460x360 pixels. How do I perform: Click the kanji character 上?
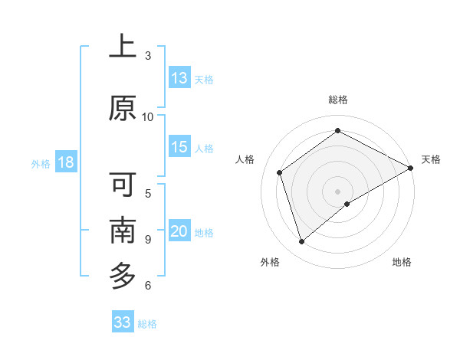click(x=123, y=47)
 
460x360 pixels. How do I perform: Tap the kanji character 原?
click(x=123, y=108)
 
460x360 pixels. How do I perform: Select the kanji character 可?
click(x=123, y=185)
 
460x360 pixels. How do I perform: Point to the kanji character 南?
click(x=123, y=231)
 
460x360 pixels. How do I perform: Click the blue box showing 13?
click(x=179, y=78)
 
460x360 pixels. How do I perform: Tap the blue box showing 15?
click(x=179, y=147)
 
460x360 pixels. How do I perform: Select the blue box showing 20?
click(x=179, y=231)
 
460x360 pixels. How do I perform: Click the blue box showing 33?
click(x=123, y=322)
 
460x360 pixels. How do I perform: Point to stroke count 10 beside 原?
click(x=148, y=116)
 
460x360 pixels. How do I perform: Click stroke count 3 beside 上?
click(x=148, y=55)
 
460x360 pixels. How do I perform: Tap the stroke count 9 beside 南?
click(x=148, y=239)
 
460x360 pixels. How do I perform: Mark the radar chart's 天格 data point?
click(x=411, y=168)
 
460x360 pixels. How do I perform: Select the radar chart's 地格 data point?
click(x=347, y=204)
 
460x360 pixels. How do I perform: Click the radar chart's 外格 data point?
click(x=301, y=242)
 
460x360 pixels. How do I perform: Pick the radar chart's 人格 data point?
click(x=280, y=172)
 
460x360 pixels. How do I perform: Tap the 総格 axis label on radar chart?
click(x=338, y=100)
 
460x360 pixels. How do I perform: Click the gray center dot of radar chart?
click(x=338, y=191)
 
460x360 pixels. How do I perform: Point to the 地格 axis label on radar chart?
click(x=402, y=262)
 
